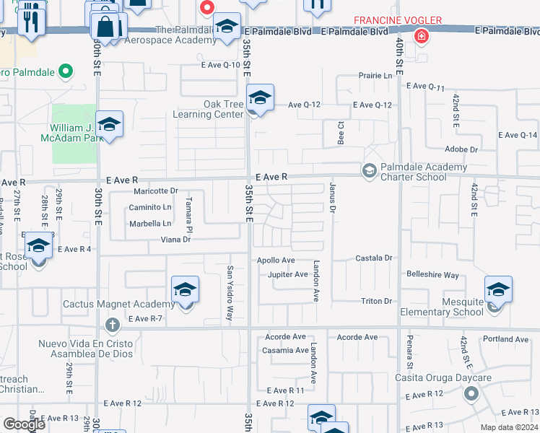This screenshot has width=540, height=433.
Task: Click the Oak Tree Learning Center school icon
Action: [260, 99]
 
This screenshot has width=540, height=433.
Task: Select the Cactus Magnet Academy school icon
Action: [186, 291]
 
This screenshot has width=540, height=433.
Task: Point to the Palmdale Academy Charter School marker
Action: [369, 170]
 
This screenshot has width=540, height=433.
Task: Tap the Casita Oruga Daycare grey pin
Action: [471, 393]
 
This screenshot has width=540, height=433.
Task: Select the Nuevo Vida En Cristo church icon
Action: [112, 325]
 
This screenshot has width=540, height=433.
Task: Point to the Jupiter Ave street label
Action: [287, 275]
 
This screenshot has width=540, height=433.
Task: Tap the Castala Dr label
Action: [373, 258]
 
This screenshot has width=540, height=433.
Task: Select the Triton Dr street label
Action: [376, 301]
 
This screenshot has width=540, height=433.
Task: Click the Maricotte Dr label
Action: [156, 191]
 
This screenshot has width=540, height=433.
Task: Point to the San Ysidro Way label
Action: [230, 283]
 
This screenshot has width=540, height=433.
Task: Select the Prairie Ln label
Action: [378, 75]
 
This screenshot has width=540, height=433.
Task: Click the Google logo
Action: [24, 424]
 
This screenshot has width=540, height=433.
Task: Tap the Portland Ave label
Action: [506, 339]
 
